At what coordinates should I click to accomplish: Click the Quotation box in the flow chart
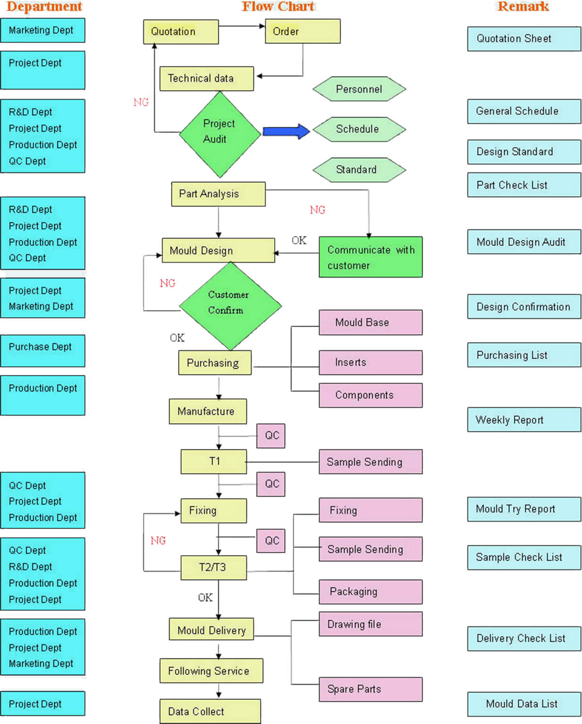[180, 32]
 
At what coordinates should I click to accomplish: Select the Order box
[302, 32]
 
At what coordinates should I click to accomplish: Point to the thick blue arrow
[286, 131]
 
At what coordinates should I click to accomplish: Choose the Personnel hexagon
[359, 89]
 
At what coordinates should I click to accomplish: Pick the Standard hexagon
[359, 170]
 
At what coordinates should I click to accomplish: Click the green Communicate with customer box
[370, 257]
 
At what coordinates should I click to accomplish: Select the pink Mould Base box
[370, 322]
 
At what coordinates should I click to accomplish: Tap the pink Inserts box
[370, 362]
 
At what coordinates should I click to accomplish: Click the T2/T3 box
[214, 567]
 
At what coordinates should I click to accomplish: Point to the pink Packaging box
[370, 592]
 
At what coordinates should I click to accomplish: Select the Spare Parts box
[370, 689]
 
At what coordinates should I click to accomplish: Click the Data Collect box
[210, 711]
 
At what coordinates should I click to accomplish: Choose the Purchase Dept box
[43, 351]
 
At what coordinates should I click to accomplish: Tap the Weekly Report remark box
[523, 420]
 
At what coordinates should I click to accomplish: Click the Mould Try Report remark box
[523, 509]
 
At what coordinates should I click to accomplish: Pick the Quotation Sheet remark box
[523, 39]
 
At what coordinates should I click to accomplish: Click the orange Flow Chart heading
[278, 7]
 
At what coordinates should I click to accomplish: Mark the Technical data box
[206, 78]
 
